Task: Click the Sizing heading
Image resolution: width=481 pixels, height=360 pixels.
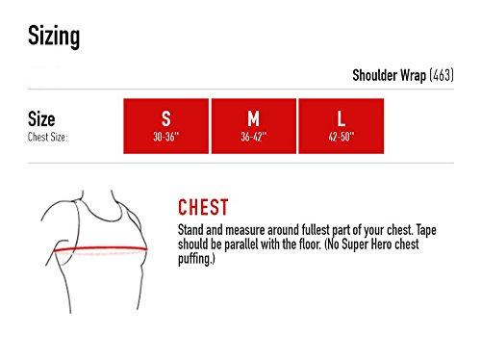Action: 54,37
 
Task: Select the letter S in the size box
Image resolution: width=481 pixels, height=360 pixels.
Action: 165,118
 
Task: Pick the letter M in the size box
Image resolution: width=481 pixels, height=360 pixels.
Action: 253,118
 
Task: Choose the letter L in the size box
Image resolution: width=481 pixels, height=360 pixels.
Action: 342,118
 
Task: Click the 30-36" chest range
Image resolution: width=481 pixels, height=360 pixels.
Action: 165,137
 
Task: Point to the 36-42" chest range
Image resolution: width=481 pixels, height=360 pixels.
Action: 254,137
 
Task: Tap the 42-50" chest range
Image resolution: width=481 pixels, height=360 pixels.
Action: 342,137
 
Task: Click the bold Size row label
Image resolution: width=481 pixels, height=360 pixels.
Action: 41,119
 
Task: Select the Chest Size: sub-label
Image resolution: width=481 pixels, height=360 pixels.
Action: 47,137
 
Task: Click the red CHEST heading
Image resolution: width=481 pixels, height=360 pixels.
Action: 203,207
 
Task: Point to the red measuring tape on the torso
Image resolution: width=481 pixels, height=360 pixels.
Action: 100,248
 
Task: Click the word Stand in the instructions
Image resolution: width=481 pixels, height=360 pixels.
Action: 190,230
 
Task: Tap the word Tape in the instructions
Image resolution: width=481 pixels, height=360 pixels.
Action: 426,230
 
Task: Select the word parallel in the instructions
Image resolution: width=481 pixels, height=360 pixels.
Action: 241,244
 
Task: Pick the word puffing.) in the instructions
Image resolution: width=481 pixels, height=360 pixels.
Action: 196,259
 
